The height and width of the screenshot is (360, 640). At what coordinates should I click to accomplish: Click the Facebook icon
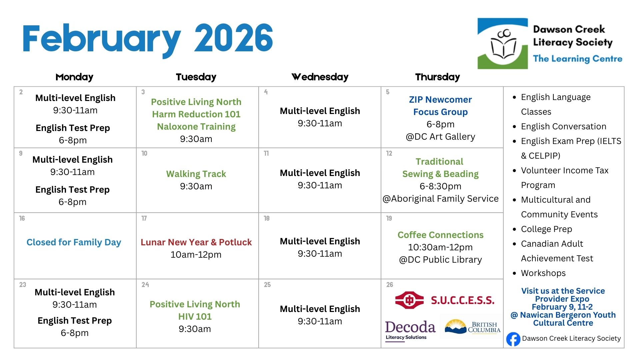(513, 339)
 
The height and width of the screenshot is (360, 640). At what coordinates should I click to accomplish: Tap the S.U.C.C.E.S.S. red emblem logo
(409, 300)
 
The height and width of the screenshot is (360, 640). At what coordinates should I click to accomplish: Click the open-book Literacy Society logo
(503, 43)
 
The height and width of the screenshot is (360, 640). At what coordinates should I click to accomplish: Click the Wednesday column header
(320, 77)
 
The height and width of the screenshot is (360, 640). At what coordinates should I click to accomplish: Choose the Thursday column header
(438, 77)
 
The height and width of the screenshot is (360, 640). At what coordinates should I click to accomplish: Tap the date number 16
(22, 218)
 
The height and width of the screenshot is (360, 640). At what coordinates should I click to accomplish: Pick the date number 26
(390, 285)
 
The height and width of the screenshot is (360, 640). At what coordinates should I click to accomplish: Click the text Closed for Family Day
(74, 242)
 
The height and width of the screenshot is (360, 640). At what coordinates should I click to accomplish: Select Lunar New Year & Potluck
(196, 242)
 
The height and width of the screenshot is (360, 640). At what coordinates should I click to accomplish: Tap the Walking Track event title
(196, 174)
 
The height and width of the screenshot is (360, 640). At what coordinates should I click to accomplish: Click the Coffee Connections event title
(440, 235)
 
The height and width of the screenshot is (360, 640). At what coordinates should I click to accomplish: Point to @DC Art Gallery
(440, 137)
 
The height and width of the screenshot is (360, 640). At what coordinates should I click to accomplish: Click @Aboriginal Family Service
(441, 199)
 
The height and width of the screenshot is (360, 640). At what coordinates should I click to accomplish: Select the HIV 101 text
(195, 316)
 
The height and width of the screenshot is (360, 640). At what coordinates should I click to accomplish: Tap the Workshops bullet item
(543, 273)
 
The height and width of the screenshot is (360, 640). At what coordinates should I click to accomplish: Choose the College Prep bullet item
(547, 229)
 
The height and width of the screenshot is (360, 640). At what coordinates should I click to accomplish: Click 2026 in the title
(234, 38)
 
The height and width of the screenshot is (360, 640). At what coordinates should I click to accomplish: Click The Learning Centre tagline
(578, 59)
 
